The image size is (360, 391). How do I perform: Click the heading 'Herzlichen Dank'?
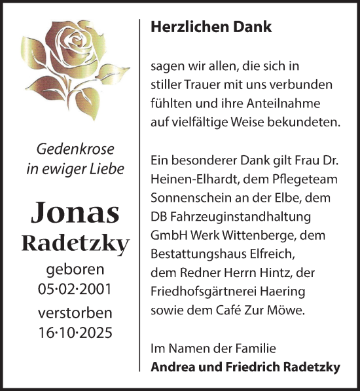[202, 28]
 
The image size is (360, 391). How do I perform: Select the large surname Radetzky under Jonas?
[76, 244]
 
